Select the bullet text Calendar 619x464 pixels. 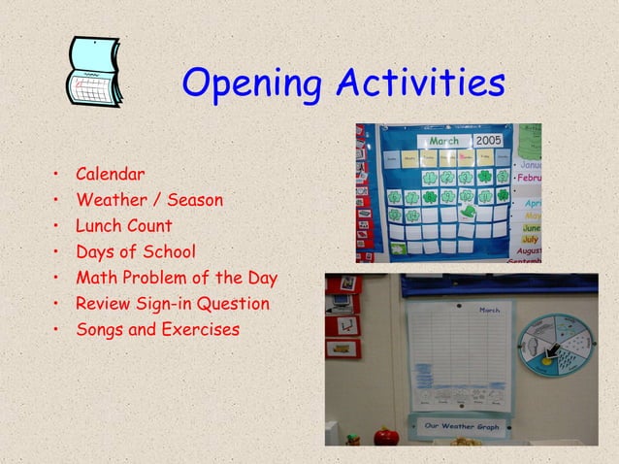pos(111,175)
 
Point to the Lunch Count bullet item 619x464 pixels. pos(124,226)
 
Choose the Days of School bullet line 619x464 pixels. pos(135,252)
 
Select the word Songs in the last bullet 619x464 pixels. pos(100,330)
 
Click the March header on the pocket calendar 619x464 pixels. pos(443,142)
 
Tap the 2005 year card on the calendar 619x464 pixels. pos(488,142)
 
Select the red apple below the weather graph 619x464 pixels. pos(388,438)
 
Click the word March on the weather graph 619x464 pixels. pos(490,311)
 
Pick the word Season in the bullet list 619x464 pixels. pos(195,201)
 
